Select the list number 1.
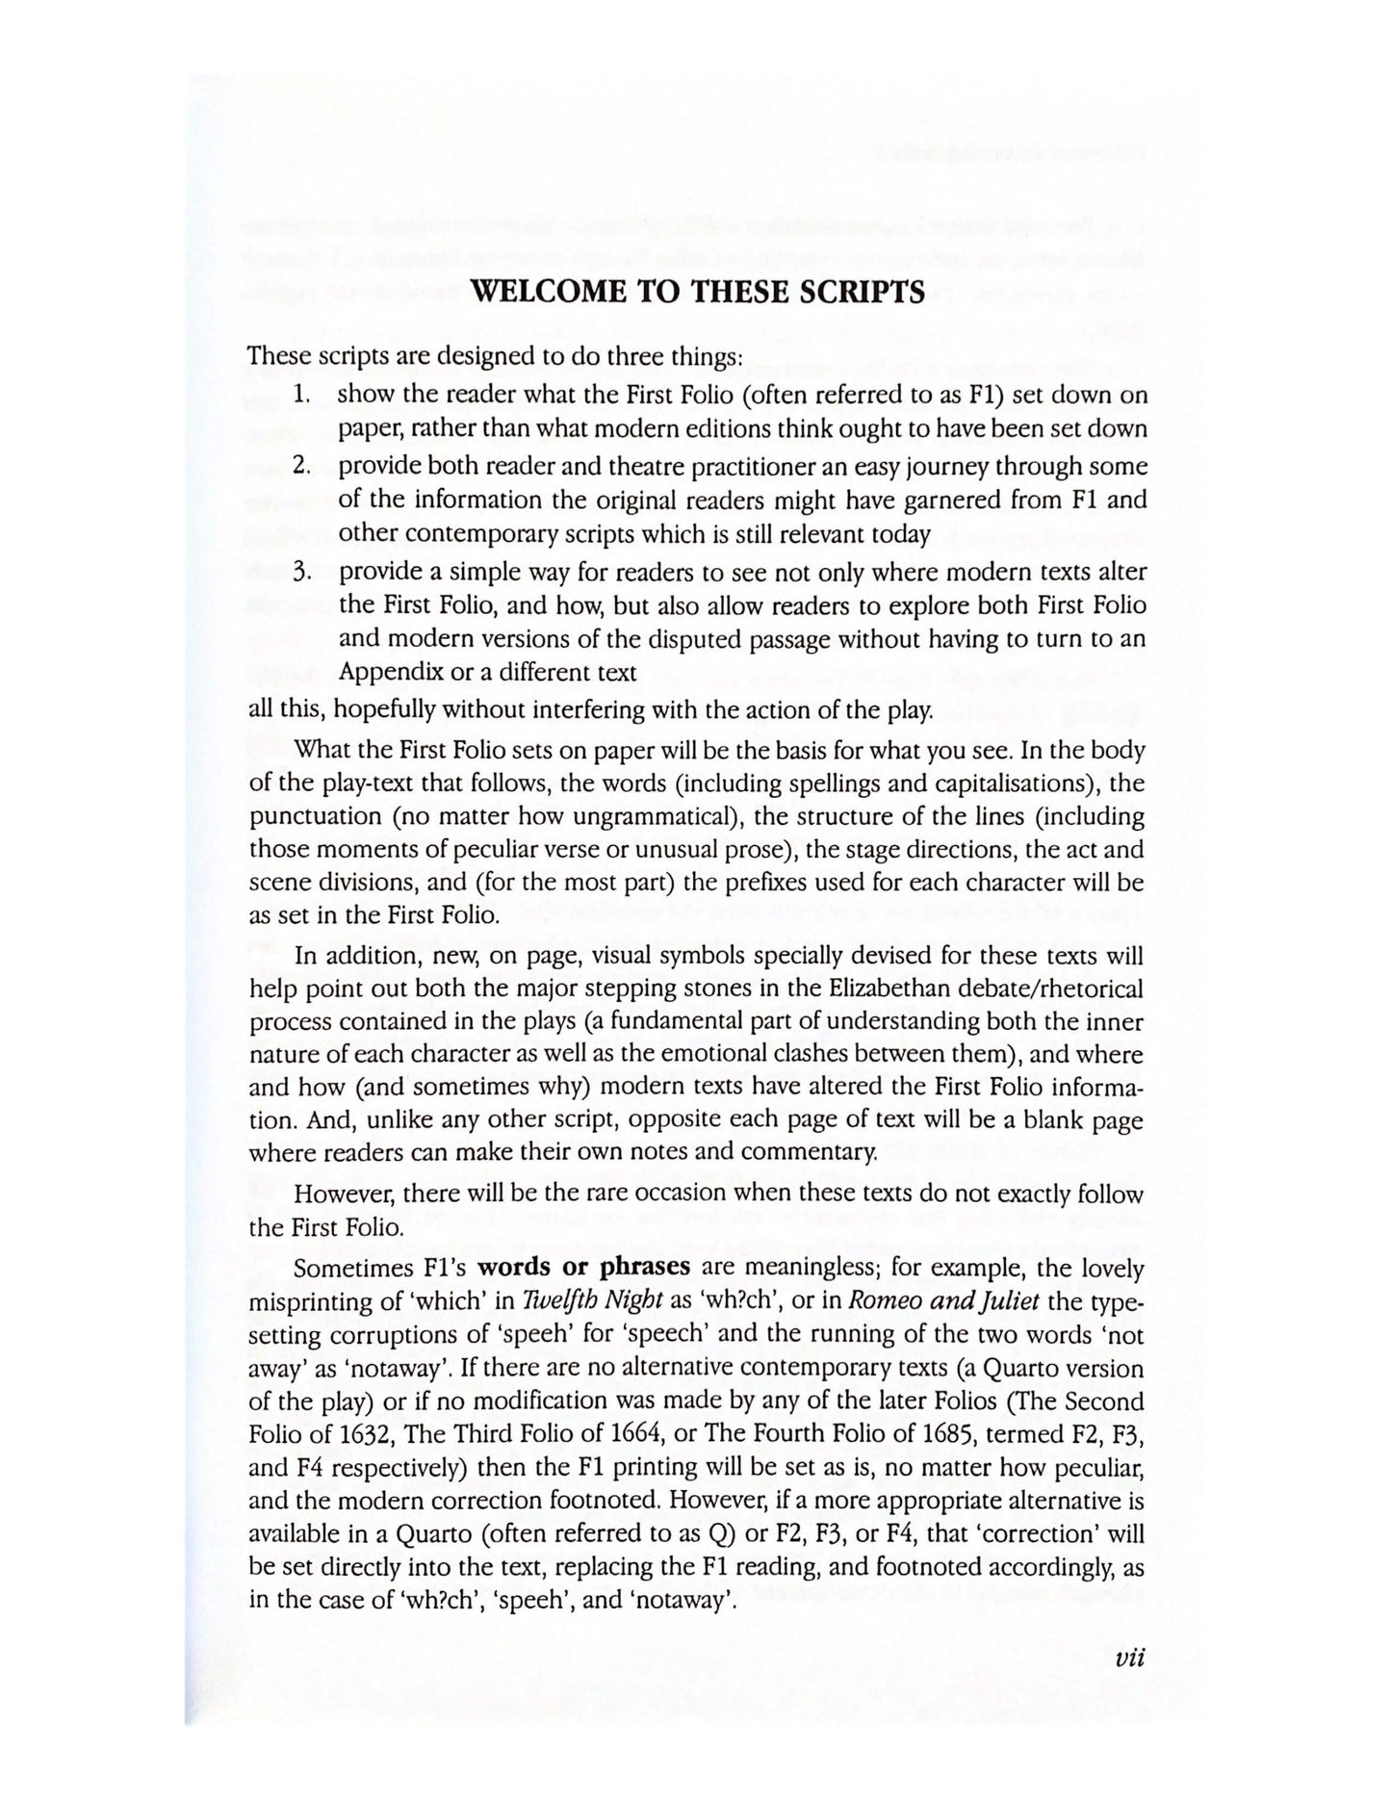(x=303, y=395)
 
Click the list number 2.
(x=301, y=466)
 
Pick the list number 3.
(x=302, y=572)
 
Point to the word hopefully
(x=377, y=711)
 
